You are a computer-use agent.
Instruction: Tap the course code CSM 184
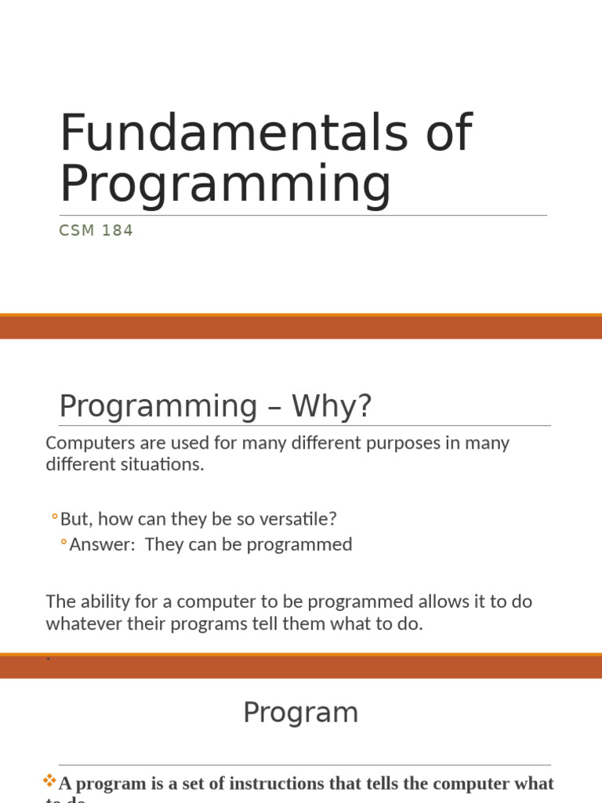96,231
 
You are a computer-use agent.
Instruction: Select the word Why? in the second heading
332,406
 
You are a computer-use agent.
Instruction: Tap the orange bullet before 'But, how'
54,518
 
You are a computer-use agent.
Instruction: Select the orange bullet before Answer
63,543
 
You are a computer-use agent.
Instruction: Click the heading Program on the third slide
300,712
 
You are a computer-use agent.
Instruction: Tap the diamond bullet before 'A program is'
50,781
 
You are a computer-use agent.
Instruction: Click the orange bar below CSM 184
301,326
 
